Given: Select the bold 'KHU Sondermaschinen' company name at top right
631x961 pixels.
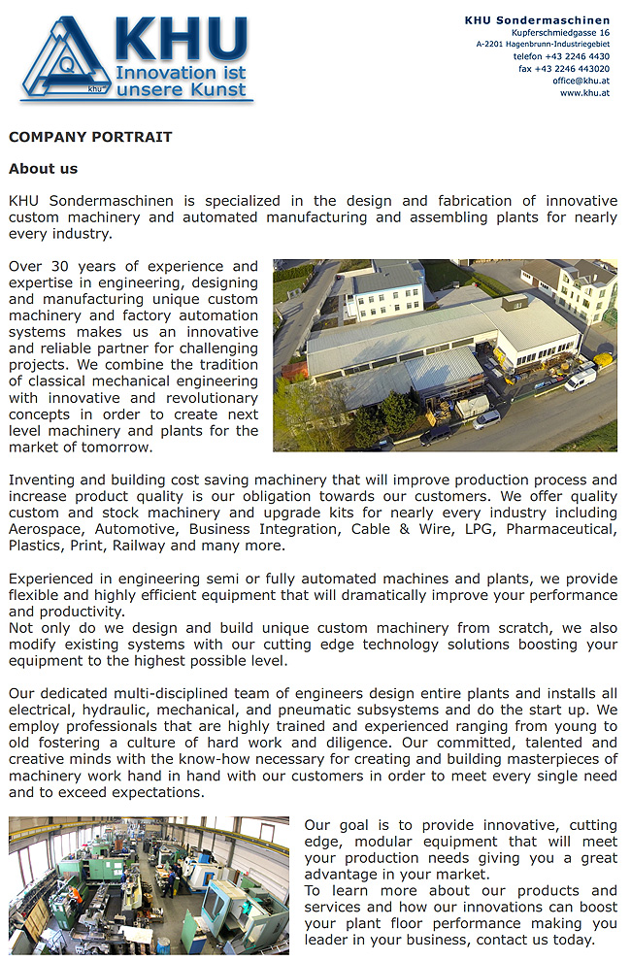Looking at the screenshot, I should [537, 20].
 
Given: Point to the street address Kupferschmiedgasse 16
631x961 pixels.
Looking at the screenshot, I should [560, 33].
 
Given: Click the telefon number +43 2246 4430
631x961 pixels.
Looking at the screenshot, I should [561, 56].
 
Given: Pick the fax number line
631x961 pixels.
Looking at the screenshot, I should [563, 69].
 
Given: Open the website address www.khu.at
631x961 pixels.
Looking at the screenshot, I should [584, 93].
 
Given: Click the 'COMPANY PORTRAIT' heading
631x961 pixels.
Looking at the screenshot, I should [90, 137].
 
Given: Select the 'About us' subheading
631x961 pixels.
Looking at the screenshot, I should [43, 169].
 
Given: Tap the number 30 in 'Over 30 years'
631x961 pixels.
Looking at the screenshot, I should [63, 266].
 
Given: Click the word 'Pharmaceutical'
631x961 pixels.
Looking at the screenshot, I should [565, 529].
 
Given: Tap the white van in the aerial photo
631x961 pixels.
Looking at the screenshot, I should [581, 378].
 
